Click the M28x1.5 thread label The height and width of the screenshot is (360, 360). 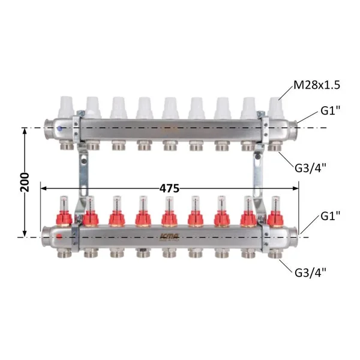(317, 85)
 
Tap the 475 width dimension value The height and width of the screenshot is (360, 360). (169, 188)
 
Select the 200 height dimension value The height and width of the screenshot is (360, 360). (25, 182)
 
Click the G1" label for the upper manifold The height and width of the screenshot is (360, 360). (330, 111)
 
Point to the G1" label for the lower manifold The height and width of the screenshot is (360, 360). (330, 216)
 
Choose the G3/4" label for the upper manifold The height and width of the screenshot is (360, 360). (310, 168)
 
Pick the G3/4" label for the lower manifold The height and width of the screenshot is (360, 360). (310, 273)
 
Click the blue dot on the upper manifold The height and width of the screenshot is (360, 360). (60, 128)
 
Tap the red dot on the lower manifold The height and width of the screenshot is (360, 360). (59, 236)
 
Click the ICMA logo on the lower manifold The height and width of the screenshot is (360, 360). (169, 236)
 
